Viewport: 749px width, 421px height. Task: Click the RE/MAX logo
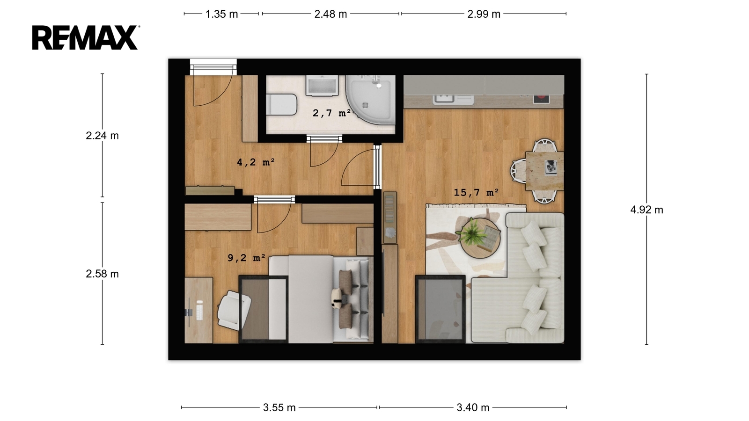pyautogui.click(x=86, y=37)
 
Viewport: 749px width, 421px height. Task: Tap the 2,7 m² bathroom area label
pyautogui.click(x=332, y=113)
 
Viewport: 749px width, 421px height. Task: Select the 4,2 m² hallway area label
pyautogui.click(x=256, y=162)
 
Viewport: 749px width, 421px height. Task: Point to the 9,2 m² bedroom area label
pyautogui.click(x=246, y=258)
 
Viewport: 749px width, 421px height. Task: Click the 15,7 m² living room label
pyautogui.click(x=476, y=192)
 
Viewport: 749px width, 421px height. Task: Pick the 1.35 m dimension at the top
pyautogui.click(x=221, y=14)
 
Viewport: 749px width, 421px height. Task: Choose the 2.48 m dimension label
pyautogui.click(x=330, y=14)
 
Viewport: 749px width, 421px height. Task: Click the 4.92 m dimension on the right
pyautogui.click(x=646, y=210)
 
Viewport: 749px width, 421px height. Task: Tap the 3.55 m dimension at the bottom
pyautogui.click(x=279, y=407)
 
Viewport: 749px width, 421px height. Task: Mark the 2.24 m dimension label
pyautogui.click(x=102, y=136)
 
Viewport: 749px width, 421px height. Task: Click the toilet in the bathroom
pyautogui.click(x=281, y=104)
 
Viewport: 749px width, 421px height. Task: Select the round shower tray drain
pyautogui.click(x=365, y=105)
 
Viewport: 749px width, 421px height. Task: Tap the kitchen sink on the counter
pyautogui.click(x=443, y=99)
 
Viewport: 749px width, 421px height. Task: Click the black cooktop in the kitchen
pyautogui.click(x=541, y=99)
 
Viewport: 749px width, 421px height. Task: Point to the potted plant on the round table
pyautogui.click(x=472, y=231)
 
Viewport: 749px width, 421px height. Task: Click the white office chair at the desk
pyautogui.click(x=234, y=311)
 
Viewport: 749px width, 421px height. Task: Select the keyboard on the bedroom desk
pyautogui.click(x=199, y=310)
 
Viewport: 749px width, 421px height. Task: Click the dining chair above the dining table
pyautogui.click(x=545, y=145)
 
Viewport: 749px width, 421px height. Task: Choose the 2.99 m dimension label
pyautogui.click(x=484, y=14)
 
